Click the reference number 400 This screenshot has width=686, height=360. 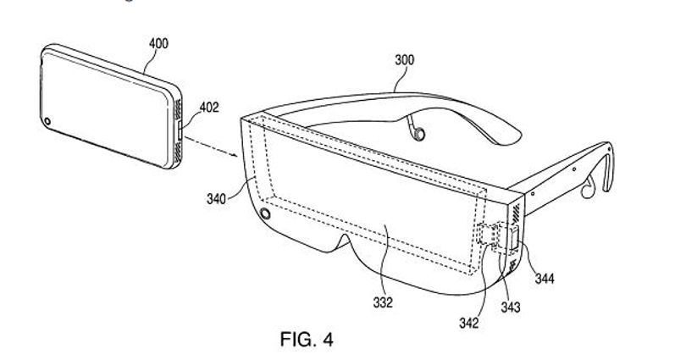click(x=158, y=44)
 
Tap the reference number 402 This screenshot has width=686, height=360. click(x=208, y=108)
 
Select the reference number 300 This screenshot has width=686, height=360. click(x=404, y=60)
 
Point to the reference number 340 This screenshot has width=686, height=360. click(x=216, y=199)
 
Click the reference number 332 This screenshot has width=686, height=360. click(x=383, y=302)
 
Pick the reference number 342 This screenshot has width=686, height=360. click(x=468, y=323)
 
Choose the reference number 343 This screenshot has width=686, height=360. click(x=511, y=307)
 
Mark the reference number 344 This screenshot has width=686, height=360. click(x=545, y=278)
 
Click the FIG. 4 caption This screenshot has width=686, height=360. click(x=307, y=339)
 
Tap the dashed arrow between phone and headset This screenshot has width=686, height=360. click(x=211, y=147)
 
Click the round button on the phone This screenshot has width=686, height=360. click(x=47, y=121)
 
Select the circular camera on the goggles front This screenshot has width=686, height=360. click(x=265, y=214)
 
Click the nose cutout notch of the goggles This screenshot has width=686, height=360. click(x=345, y=240)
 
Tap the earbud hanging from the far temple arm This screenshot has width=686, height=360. click(x=417, y=130)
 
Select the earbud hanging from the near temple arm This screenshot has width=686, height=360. click(x=588, y=187)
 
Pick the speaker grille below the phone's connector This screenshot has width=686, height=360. click(x=178, y=152)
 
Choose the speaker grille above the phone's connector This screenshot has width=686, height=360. click(x=178, y=110)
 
